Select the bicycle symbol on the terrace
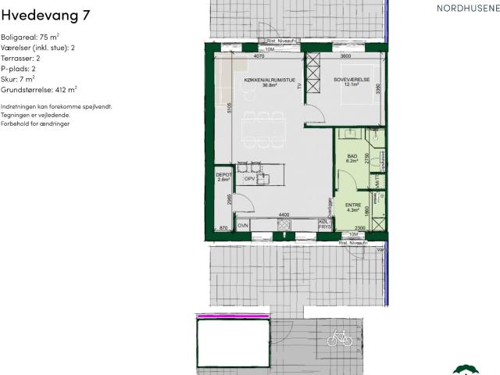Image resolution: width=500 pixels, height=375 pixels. pos(340,338)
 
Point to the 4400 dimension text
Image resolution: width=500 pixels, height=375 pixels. pos(285,215)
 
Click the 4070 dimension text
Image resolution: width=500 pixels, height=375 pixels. pos(259,57)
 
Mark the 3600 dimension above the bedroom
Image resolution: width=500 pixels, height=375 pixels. pos(345,57)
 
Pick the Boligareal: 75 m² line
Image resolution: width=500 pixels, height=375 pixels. pos(29,37)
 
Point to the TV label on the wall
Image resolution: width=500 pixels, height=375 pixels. pos(298,87)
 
